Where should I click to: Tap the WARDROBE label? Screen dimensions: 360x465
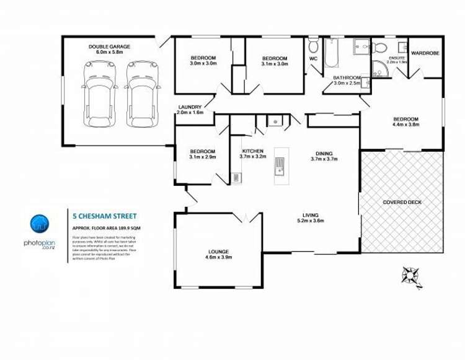point(425,53)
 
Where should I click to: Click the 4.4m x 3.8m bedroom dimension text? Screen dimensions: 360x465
point(406,125)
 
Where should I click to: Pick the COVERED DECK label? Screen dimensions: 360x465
point(403,202)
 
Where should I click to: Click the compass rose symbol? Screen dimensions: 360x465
point(411,273)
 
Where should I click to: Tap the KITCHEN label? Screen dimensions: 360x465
point(252,151)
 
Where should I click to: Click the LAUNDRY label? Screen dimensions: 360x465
point(188,107)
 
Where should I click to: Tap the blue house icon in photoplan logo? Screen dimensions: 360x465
point(40,222)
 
